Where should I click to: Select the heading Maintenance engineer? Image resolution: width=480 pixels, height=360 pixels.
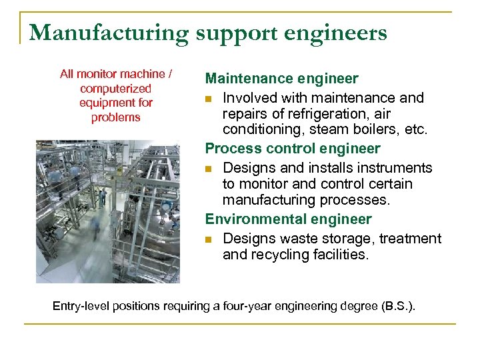pyautogui.click(x=281, y=79)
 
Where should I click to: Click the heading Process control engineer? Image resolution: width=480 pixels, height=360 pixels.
pyautogui.click(x=293, y=149)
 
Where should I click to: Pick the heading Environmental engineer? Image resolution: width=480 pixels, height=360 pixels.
pyautogui.click(x=288, y=219)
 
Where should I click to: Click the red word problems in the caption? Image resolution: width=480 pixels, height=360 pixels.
pyautogui.click(x=116, y=117)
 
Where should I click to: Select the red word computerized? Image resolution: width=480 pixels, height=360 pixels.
pyautogui.click(x=115, y=88)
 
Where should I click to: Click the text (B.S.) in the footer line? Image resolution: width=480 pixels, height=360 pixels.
pyautogui.click(x=398, y=306)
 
